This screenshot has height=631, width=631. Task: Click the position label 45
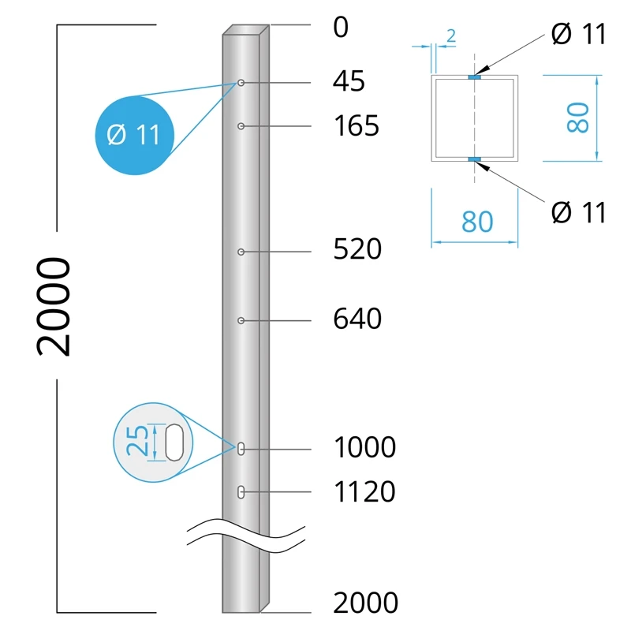(349, 81)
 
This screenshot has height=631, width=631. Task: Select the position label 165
(357, 125)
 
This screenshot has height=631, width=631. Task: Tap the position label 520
(357, 249)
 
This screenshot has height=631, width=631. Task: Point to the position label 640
(357, 319)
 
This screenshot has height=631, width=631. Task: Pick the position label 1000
(364, 447)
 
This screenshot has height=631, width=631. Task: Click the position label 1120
(364, 491)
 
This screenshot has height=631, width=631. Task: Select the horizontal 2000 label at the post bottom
(365, 603)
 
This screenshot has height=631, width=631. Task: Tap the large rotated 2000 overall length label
(55, 306)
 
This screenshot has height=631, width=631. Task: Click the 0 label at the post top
(341, 28)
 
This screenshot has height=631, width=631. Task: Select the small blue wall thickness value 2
(451, 35)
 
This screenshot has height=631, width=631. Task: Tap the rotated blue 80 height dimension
(577, 118)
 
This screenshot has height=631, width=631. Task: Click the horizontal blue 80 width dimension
(476, 222)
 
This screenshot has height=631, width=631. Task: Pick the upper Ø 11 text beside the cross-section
(579, 35)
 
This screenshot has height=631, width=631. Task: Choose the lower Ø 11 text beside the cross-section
(579, 212)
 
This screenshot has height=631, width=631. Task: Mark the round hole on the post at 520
(241, 252)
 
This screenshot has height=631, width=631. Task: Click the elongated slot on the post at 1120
(241, 492)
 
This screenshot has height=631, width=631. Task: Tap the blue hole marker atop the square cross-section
(473, 77)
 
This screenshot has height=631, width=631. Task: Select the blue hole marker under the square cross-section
(473, 160)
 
